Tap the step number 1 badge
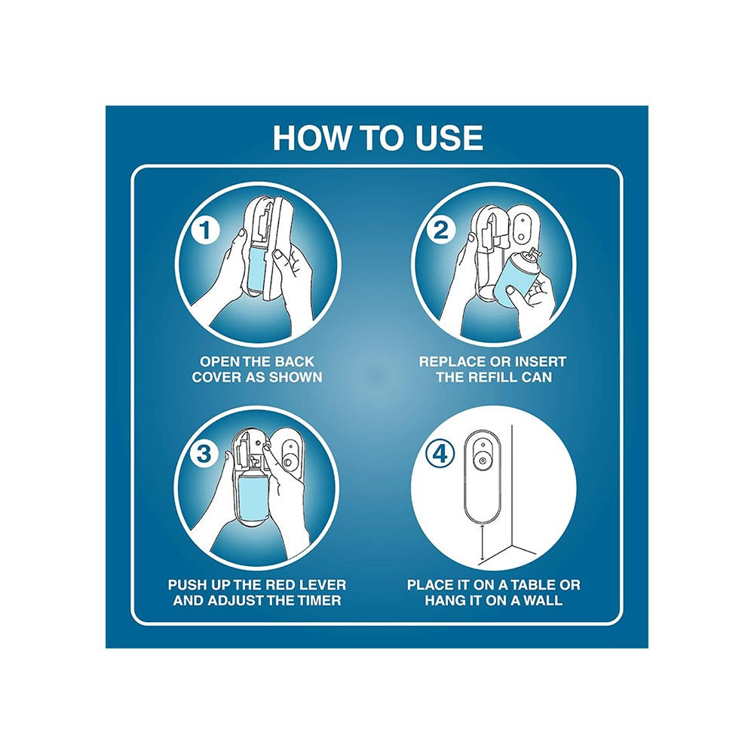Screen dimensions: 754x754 click(x=205, y=230)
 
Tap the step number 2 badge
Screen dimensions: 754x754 click(x=441, y=230)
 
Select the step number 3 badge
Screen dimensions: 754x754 click(x=204, y=453)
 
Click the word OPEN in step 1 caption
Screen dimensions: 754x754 click(x=219, y=362)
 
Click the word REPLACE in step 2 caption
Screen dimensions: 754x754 click(x=451, y=362)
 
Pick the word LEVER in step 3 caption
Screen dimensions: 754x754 click(x=323, y=585)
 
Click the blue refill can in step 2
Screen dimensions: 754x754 click(x=513, y=280)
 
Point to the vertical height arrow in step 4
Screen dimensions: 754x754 click(x=482, y=543)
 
